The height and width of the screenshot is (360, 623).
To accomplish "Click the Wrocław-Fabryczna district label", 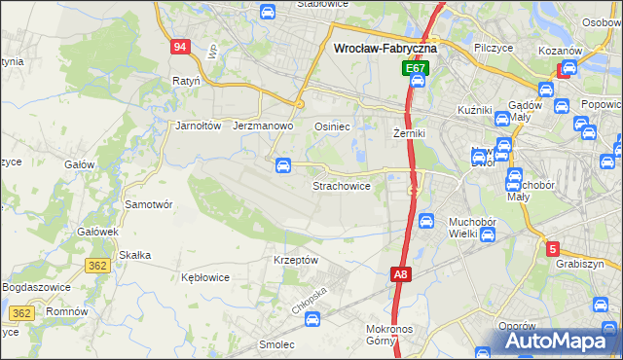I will (x=385, y=47).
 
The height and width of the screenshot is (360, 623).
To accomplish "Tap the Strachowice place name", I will (x=341, y=185).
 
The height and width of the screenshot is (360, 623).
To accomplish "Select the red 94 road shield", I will (x=179, y=47).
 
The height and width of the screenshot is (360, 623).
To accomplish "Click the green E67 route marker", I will (x=416, y=69).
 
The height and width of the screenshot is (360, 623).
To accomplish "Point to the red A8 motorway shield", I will (x=401, y=276).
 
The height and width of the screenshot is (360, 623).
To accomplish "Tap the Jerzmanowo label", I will (x=264, y=126).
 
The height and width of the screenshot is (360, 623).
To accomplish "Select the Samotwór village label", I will (x=149, y=205).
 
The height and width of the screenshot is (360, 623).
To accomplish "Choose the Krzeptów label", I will (x=296, y=261).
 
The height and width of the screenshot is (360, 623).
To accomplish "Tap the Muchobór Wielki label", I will (x=472, y=227).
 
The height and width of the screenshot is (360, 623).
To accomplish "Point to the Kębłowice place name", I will (x=205, y=277).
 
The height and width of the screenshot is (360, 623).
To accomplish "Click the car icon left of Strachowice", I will (x=282, y=164).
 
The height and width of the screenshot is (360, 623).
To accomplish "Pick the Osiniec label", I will (x=332, y=126).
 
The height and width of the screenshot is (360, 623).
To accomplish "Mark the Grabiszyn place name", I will (x=581, y=264).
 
